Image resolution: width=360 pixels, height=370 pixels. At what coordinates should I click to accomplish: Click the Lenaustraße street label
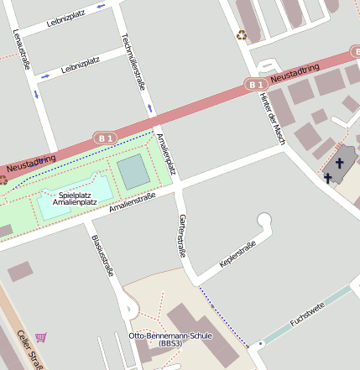pyautogui.click(x=22, y=49)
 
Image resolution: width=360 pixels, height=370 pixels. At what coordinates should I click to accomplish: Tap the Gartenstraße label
pyautogui.click(x=182, y=235)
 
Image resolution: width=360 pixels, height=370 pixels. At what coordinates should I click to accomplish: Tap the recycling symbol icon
pyautogui.click(x=242, y=35)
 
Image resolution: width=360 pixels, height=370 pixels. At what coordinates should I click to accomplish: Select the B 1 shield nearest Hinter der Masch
pyautogui.click(x=256, y=84)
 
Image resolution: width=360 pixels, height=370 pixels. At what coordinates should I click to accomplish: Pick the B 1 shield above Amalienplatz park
pyautogui.click(x=105, y=137)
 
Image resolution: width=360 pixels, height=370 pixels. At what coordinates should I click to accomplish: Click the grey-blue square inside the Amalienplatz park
pyautogui.click(x=133, y=172)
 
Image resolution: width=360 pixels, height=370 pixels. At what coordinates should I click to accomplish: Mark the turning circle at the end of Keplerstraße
pyautogui.click(x=265, y=221)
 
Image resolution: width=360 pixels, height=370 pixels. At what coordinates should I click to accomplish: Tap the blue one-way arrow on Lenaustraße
pyautogui.click(x=36, y=94)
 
